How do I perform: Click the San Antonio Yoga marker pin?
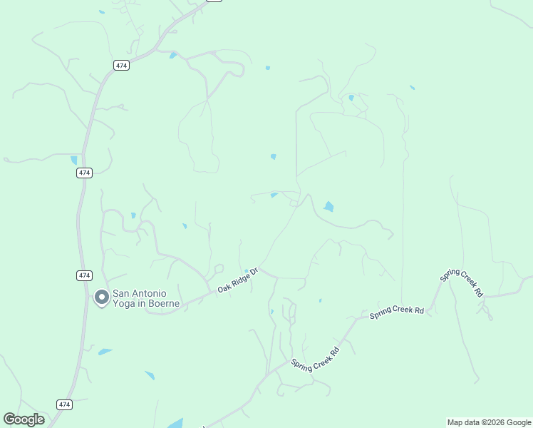click(x=102, y=297)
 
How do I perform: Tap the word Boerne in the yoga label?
click(x=162, y=303)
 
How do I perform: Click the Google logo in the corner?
click(x=24, y=419)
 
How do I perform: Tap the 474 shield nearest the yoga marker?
click(x=84, y=275)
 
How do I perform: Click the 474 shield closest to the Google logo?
click(x=65, y=404)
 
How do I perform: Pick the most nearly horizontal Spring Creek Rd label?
click(x=397, y=312)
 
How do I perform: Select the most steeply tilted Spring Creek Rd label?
click(x=461, y=283)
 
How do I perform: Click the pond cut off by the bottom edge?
click(x=175, y=423)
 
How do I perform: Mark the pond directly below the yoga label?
click(x=105, y=352)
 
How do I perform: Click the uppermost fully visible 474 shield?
click(x=120, y=66)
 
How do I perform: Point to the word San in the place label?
click(x=123, y=292)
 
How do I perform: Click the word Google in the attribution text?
click(x=516, y=422)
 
